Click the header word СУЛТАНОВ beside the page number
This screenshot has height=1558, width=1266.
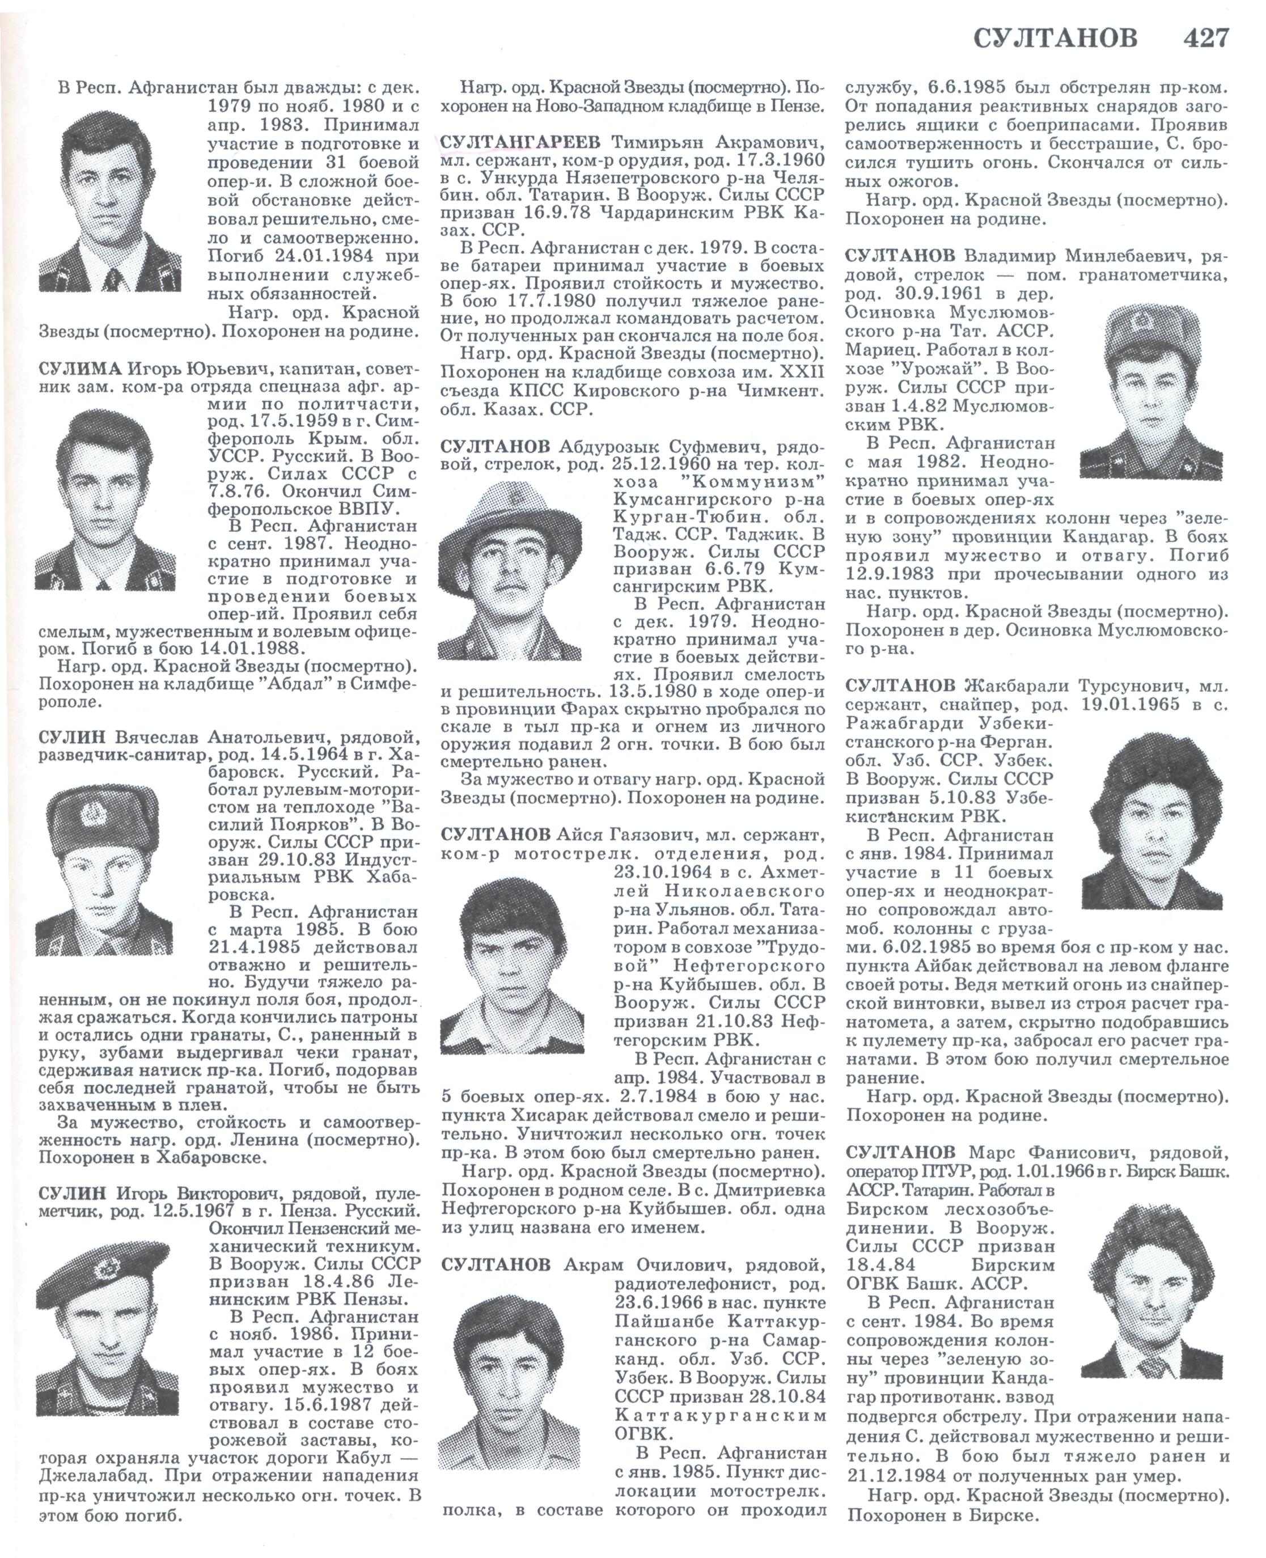(1055, 38)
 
